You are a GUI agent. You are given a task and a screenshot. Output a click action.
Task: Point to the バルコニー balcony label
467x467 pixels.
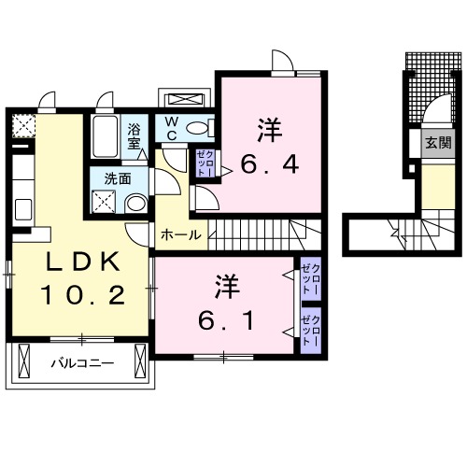coord(76,363)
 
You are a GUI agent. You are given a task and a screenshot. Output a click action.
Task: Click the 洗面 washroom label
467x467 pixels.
coord(117,177)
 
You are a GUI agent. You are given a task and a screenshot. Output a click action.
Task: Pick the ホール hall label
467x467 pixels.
coord(180,234)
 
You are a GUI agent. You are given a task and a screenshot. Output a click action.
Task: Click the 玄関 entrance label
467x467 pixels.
coord(437,143)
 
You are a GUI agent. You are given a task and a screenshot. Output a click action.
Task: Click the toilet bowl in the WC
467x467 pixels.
coord(197,128)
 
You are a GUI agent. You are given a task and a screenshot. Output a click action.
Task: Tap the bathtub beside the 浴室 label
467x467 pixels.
coord(106,139)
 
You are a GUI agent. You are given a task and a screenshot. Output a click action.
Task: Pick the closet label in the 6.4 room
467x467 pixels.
coord(205,163)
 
